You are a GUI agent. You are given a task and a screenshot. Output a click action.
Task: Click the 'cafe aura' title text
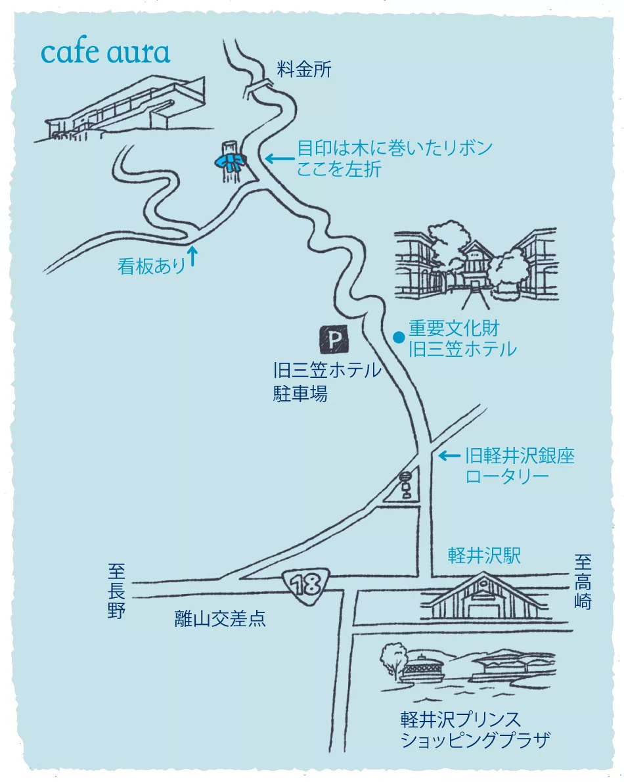105,53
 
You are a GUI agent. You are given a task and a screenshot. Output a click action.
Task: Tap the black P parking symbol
334,339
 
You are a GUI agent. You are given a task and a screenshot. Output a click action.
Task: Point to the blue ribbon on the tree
231,162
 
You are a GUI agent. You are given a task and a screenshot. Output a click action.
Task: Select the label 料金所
304,69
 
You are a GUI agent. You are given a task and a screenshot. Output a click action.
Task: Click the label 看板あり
152,266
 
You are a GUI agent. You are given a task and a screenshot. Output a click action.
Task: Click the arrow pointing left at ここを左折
279,158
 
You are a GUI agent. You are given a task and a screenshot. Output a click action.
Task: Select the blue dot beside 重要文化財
398,338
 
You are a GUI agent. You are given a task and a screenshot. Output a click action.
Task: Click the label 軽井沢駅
485,555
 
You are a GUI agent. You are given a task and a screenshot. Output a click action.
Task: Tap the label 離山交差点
220,618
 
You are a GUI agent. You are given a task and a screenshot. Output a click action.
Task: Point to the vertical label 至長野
116,591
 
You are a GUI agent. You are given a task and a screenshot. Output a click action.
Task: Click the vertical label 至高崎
583,582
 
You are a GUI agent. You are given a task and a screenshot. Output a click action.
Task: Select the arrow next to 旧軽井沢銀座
449,455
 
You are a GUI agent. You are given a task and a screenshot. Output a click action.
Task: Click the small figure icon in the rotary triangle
405,485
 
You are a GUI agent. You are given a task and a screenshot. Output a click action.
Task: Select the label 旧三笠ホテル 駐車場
327,382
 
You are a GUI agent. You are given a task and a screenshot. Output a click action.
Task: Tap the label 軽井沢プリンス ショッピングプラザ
476,729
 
